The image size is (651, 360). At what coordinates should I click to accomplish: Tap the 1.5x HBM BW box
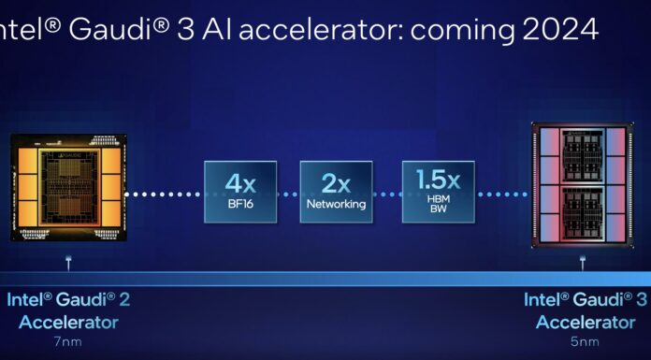[439, 192]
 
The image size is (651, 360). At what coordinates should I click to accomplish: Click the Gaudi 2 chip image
[65, 187]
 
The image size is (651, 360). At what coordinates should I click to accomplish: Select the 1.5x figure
[439, 179]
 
